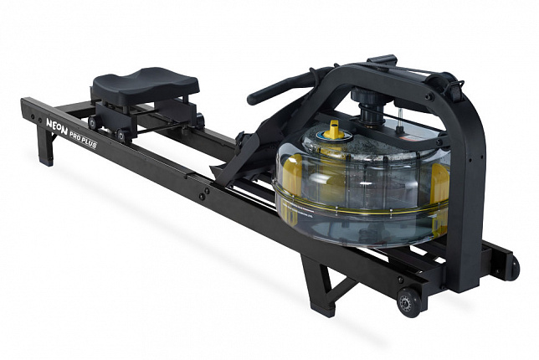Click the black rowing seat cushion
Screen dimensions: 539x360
click(146, 85)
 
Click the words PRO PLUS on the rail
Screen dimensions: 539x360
click(83, 139)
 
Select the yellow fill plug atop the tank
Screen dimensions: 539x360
click(334, 130)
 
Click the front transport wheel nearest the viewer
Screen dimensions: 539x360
click(408, 302)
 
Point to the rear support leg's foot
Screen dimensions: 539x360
click(46, 161)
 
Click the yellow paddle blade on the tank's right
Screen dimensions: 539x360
click(440, 184)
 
